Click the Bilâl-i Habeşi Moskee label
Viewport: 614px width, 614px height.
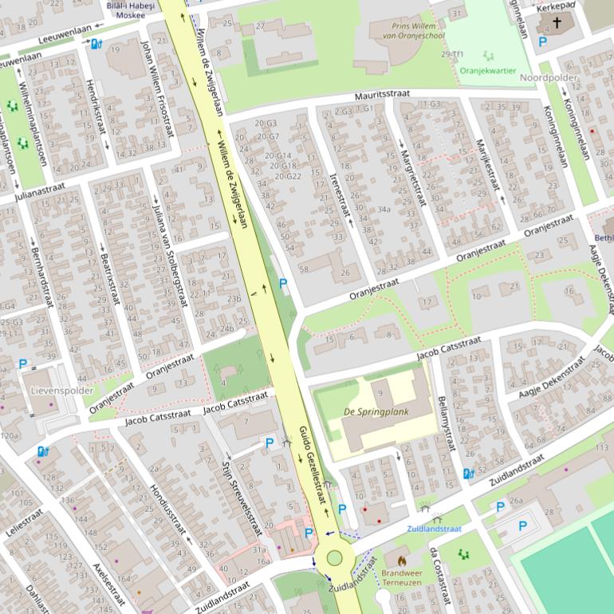point(126,10)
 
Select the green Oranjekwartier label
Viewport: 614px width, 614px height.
point(488,70)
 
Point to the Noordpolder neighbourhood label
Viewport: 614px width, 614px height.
point(548,78)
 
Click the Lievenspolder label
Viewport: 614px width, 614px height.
point(57,392)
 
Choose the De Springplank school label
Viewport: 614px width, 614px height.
point(376,411)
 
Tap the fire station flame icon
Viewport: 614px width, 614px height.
point(401,561)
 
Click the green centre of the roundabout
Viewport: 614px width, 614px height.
point(334,557)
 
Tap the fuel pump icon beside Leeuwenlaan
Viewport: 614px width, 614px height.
point(96,44)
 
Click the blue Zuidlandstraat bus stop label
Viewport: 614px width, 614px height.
point(434,528)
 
